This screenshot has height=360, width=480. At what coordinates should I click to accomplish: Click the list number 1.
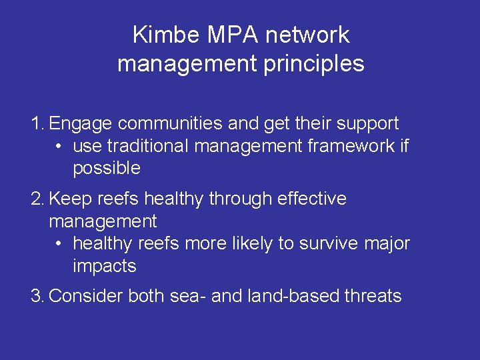[37, 123]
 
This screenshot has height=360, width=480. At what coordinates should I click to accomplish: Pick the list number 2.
[37, 199]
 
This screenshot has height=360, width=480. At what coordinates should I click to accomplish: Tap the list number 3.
[37, 296]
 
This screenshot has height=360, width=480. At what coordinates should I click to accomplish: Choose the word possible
[107, 169]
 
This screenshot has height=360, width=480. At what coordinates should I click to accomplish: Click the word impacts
[105, 267]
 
